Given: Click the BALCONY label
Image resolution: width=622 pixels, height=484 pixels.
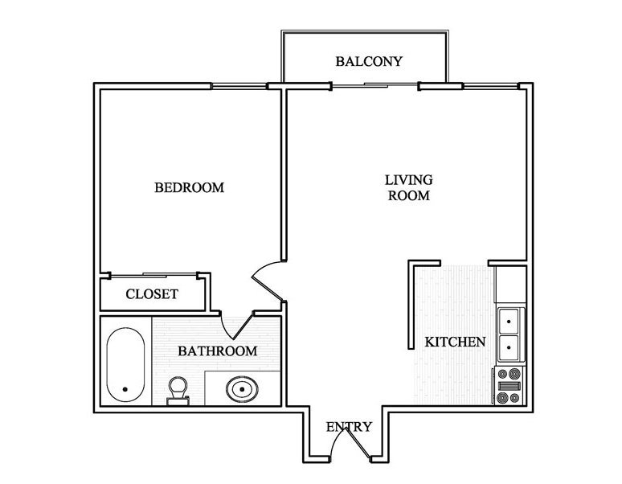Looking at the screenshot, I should tap(368, 61).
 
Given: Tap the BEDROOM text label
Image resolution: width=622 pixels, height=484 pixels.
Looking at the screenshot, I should tap(189, 187).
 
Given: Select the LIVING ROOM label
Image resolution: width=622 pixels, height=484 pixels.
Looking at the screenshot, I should tap(408, 187).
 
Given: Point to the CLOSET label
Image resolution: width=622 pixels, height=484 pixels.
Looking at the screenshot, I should tap(152, 294).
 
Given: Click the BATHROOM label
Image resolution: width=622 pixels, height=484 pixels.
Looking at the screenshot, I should tap(217, 351).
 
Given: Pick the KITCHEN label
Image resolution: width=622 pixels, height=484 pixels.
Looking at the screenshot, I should tap(455, 342).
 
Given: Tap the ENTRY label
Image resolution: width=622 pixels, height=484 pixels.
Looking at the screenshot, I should tap(349, 427).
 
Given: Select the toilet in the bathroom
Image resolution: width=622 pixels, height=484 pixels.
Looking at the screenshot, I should tap(178, 390).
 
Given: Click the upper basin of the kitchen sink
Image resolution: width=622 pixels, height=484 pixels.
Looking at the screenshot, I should tap(509, 322).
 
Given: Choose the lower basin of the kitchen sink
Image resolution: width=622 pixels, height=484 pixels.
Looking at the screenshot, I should tap(509, 348).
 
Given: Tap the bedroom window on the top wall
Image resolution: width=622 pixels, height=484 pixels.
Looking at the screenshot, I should tap(239, 84).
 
